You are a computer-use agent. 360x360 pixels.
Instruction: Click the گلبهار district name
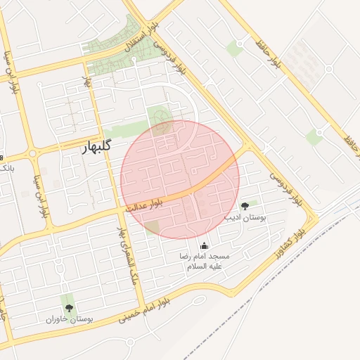click(x=91, y=148)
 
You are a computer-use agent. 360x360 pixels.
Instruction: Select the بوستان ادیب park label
click(x=245, y=218)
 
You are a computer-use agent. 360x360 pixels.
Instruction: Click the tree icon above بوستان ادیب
click(x=245, y=206)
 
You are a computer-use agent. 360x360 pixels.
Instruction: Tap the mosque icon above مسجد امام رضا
click(x=205, y=245)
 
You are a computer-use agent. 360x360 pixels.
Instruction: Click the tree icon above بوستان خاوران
click(x=68, y=308)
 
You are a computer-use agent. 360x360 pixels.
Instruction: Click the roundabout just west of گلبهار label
click(x=33, y=153)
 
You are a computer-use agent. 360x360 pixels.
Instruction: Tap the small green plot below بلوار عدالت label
click(x=152, y=226)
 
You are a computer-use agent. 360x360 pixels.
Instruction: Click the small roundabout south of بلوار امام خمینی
click(x=129, y=342)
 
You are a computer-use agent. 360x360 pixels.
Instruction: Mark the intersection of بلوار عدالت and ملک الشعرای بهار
click(x=115, y=211)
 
